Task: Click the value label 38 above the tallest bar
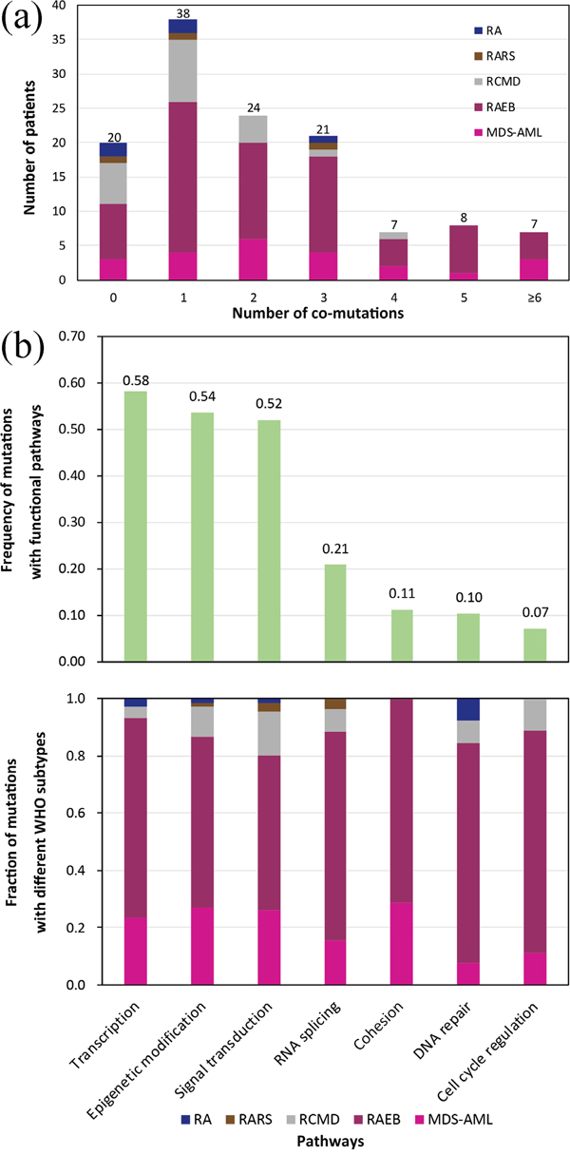pos(182,12)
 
